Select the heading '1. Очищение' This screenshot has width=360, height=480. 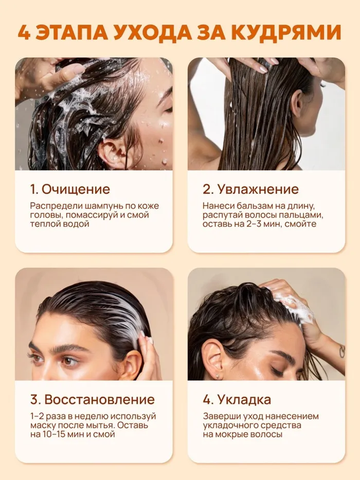(x=70, y=189)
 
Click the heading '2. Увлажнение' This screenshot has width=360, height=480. (x=250, y=189)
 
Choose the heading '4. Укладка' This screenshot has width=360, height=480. (x=237, y=400)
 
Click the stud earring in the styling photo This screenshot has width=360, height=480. (x=217, y=375)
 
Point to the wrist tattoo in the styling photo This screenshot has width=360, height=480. (x=341, y=351)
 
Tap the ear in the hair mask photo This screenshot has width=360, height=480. (x=129, y=364)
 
